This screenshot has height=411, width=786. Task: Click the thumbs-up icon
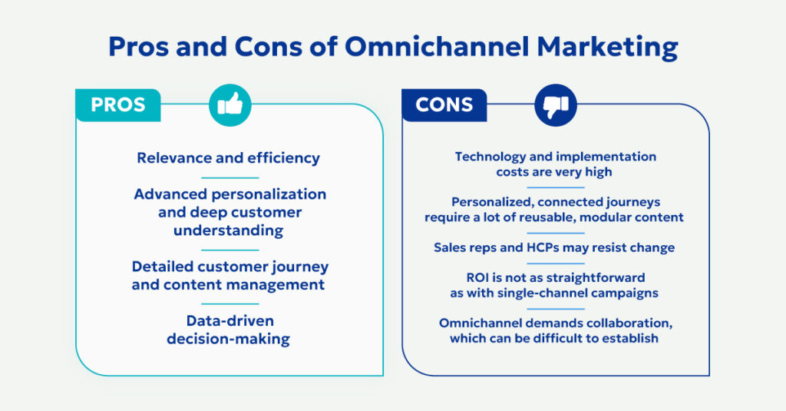tap(230, 105)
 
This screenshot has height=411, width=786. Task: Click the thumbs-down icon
tap(555, 105)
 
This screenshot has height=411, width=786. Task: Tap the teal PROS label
tap(117, 105)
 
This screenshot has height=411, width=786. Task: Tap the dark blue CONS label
tap(444, 105)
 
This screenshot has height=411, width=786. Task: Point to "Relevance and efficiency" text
tap(228, 158)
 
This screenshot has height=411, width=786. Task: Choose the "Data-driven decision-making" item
tap(229, 330)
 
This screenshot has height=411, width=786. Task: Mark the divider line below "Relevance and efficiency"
tap(229, 177)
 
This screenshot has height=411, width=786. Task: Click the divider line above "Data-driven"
tap(229, 304)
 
